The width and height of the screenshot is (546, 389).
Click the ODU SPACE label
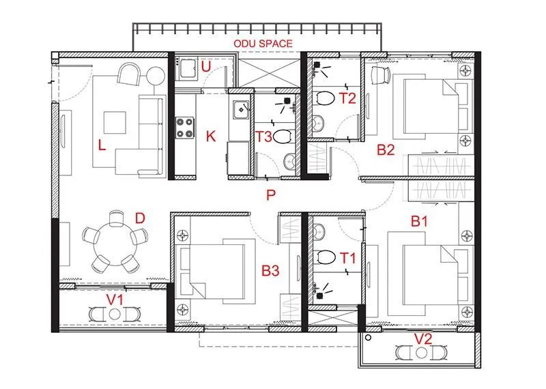(263, 44)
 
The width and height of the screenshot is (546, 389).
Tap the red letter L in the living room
(101, 145)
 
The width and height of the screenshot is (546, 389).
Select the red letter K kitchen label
(210, 136)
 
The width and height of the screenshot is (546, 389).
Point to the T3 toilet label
(265, 136)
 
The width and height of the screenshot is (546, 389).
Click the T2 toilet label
(347, 98)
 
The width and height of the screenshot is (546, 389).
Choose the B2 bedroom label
(386, 150)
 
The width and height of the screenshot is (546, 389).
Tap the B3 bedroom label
(270, 271)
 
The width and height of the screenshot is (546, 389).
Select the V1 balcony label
(113, 298)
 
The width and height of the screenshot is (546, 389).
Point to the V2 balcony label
(424, 338)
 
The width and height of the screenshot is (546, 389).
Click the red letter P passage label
(270, 196)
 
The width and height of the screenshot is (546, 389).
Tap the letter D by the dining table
(139, 218)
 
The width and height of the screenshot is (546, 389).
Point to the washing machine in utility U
(186, 68)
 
